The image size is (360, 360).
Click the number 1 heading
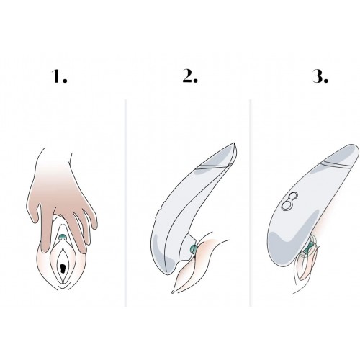59,76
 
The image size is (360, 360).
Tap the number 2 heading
190,76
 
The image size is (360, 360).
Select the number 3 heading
320,76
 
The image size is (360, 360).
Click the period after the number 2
196,81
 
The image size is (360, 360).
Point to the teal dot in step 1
63,237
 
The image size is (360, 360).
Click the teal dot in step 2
193,249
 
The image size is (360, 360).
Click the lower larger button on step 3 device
287,205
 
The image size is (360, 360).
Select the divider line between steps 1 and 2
125,203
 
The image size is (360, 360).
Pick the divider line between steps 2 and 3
251,203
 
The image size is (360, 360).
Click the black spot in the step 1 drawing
63,268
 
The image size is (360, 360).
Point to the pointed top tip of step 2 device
234,143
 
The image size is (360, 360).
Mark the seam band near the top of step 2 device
215,167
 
